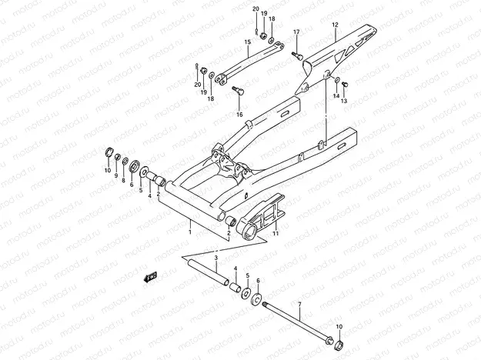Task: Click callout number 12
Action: tap(335, 25)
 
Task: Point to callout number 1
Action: tap(190, 230)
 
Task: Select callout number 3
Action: tap(216, 258)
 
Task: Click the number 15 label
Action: tap(248, 42)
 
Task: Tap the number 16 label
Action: tap(239, 115)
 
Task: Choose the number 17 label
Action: tap(296, 32)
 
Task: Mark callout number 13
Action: tap(344, 101)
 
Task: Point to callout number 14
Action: tap(336, 96)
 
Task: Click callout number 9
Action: tap(115, 176)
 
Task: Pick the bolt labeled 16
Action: tap(237, 91)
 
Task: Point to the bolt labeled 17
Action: tap(295, 54)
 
